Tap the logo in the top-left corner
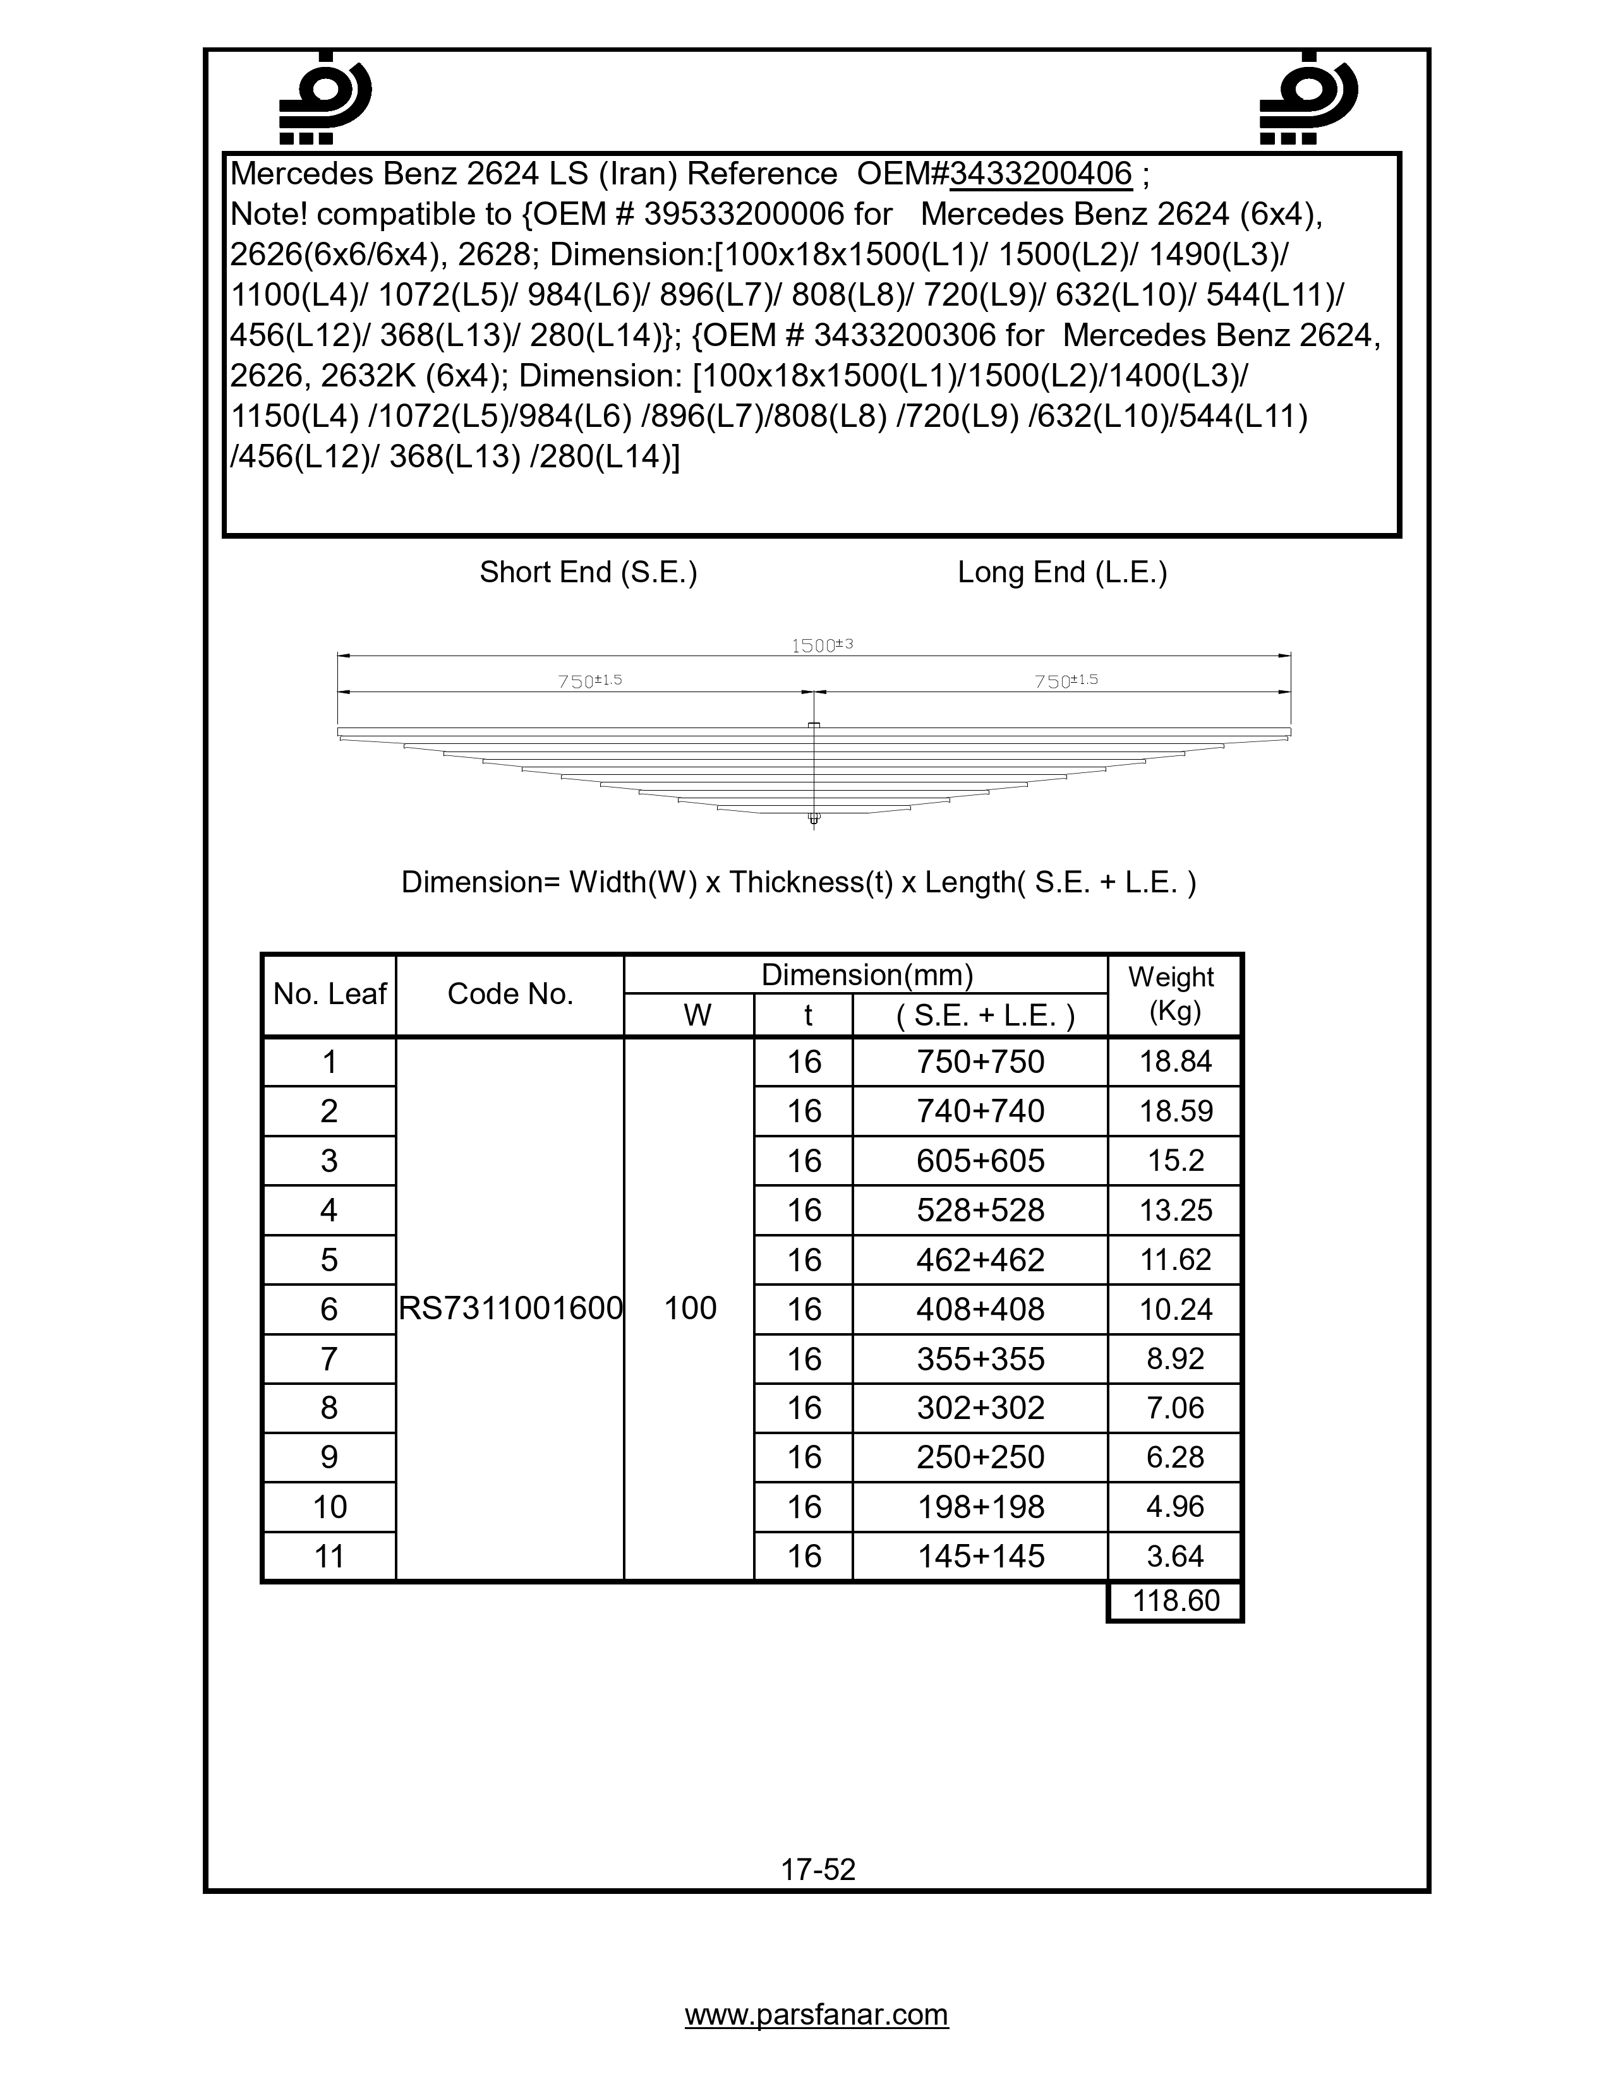[325, 99]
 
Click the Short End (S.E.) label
[588, 573]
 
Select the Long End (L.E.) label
[1062, 573]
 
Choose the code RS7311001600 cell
[510, 1308]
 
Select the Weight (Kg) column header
[1174, 994]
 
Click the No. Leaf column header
[329, 994]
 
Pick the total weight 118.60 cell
[1175, 1600]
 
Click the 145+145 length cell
[980, 1556]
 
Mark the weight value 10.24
[1175, 1309]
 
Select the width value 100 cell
[690, 1308]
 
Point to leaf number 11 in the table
[329, 1556]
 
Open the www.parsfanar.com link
[817, 2015]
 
